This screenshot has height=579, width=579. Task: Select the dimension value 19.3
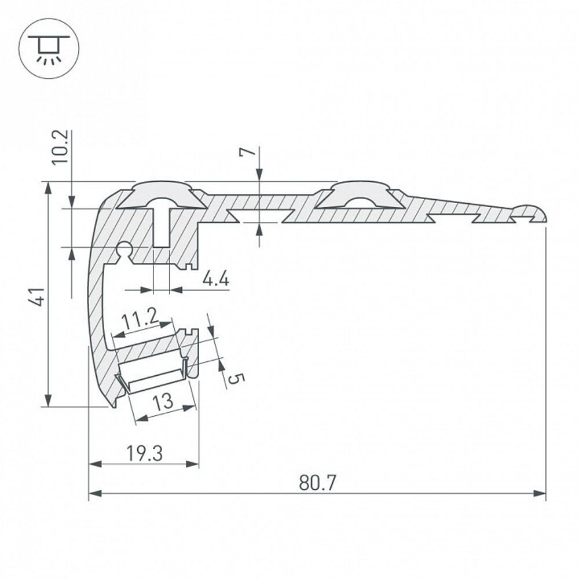[x=144, y=453]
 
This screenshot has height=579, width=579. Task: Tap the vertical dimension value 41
[x=36, y=295]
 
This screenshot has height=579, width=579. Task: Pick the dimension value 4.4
[x=216, y=280]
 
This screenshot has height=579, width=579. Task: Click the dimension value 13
[x=164, y=401]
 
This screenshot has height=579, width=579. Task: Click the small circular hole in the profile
[x=124, y=250]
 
